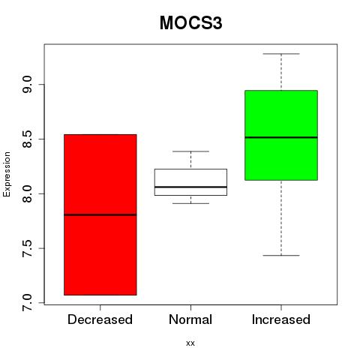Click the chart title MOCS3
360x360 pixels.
[x=190, y=23]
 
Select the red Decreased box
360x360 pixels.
[x=100, y=214]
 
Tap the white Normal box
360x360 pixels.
[x=190, y=182]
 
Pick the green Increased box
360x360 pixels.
[x=281, y=135]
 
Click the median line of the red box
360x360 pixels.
[x=100, y=214]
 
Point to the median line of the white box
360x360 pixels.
[x=190, y=187]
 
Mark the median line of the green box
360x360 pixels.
[x=281, y=137]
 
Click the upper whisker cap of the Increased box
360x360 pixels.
[x=281, y=54]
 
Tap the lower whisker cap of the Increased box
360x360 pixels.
[x=281, y=256]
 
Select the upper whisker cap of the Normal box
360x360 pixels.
[x=190, y=151]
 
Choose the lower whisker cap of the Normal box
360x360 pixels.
[x=190, y=203]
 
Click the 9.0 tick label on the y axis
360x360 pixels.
[x=27, y=85]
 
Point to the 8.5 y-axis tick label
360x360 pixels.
[x=27, y=139]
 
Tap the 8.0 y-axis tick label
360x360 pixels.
[x=27, y=193]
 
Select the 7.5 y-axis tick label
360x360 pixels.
[x=27, y=248]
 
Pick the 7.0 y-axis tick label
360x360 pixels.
[x=27, y=303]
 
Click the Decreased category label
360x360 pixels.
[x=100, y=319]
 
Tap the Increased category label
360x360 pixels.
[x=281, y=319]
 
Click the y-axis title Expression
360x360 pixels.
[x=7, y=174]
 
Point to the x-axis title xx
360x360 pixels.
[x=190, y=343]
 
